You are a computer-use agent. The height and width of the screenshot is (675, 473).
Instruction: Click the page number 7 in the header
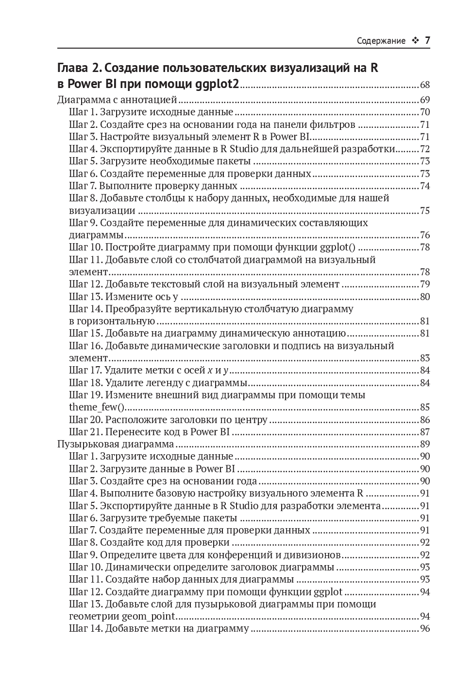[x=427, y=40]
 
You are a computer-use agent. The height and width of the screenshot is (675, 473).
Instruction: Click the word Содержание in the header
[x=381, y=41]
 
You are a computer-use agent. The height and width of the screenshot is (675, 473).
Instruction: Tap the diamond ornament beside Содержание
[x=415, y=41]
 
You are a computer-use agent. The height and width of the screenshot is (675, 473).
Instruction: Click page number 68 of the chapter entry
[x=425, y=85]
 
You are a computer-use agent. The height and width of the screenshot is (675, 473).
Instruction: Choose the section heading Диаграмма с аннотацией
[x=117, y=100]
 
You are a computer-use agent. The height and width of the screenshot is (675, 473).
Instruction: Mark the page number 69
[x=425, y=101]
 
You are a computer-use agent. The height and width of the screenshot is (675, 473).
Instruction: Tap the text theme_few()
[x=97, y=407]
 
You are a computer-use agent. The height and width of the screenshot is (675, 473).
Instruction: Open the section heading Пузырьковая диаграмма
[x=116, y=444]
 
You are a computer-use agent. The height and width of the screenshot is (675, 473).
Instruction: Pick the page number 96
[x=425, y=629]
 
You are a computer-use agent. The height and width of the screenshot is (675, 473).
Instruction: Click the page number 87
[x=425, y=432]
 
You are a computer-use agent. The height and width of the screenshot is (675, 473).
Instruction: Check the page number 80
[x=425, y=297]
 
